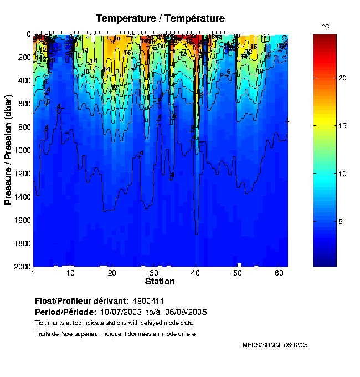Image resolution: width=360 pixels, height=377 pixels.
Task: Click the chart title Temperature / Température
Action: coord(160,18)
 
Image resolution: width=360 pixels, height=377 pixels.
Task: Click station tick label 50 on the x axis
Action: coord(236,273)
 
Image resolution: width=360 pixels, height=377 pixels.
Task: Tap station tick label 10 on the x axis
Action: coord(70,273)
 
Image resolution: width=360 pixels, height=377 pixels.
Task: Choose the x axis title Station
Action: coord(160,282)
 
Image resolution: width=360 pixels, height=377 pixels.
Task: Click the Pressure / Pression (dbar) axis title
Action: coord(8,150)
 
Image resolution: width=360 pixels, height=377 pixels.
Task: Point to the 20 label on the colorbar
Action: coord(342,78)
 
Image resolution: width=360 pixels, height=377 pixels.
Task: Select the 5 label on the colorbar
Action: coord(341,222)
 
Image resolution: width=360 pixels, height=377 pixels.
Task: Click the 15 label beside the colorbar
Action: coord(342,126)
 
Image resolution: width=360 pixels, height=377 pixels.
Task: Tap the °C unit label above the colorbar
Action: coord(326,27)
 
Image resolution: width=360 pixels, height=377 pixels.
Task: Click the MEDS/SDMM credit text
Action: coord(262,345)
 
